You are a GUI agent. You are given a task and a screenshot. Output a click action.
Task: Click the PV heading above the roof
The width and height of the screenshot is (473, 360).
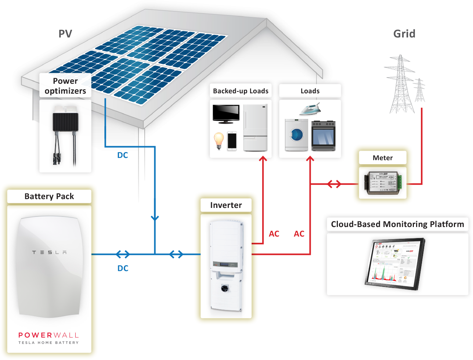[x=65, y=34]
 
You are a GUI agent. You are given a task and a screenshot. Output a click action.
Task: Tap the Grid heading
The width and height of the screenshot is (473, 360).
[x=404, y=34]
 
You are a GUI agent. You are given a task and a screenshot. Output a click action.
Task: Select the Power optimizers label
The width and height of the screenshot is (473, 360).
[x=65, y=86]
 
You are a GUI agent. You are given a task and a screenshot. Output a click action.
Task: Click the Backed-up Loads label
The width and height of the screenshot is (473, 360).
[x=241, y=91]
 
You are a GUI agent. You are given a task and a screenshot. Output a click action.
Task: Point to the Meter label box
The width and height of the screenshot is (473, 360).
[x=383, y=158]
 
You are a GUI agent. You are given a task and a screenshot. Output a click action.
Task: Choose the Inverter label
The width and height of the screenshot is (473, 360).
[x=226, y=205]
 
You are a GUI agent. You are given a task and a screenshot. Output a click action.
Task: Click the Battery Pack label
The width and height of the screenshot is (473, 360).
[x=49, y=197]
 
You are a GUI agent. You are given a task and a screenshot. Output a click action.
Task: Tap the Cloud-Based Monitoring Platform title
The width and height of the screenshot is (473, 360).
[x=397, y=224]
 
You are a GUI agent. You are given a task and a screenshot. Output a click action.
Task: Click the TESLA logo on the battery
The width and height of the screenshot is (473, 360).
[x=49, y=252]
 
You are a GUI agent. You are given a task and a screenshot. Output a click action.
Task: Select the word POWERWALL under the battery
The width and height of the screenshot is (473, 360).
[x=49, y=335]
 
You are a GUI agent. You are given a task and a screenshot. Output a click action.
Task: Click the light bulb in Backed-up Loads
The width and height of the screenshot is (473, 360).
[x=219, y=141]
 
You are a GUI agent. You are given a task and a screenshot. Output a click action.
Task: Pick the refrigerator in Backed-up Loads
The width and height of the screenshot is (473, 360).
[x=255, y=127]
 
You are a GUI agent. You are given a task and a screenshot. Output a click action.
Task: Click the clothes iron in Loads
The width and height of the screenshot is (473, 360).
[x=310, y=109]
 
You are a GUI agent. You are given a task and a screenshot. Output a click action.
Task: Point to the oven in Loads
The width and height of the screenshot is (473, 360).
[x=323, y=136]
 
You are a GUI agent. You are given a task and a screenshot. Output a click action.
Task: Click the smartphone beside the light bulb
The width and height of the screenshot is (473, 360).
[x=232, y=141]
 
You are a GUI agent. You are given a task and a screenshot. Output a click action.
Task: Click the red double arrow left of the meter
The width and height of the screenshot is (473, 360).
[x=334, y=184]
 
